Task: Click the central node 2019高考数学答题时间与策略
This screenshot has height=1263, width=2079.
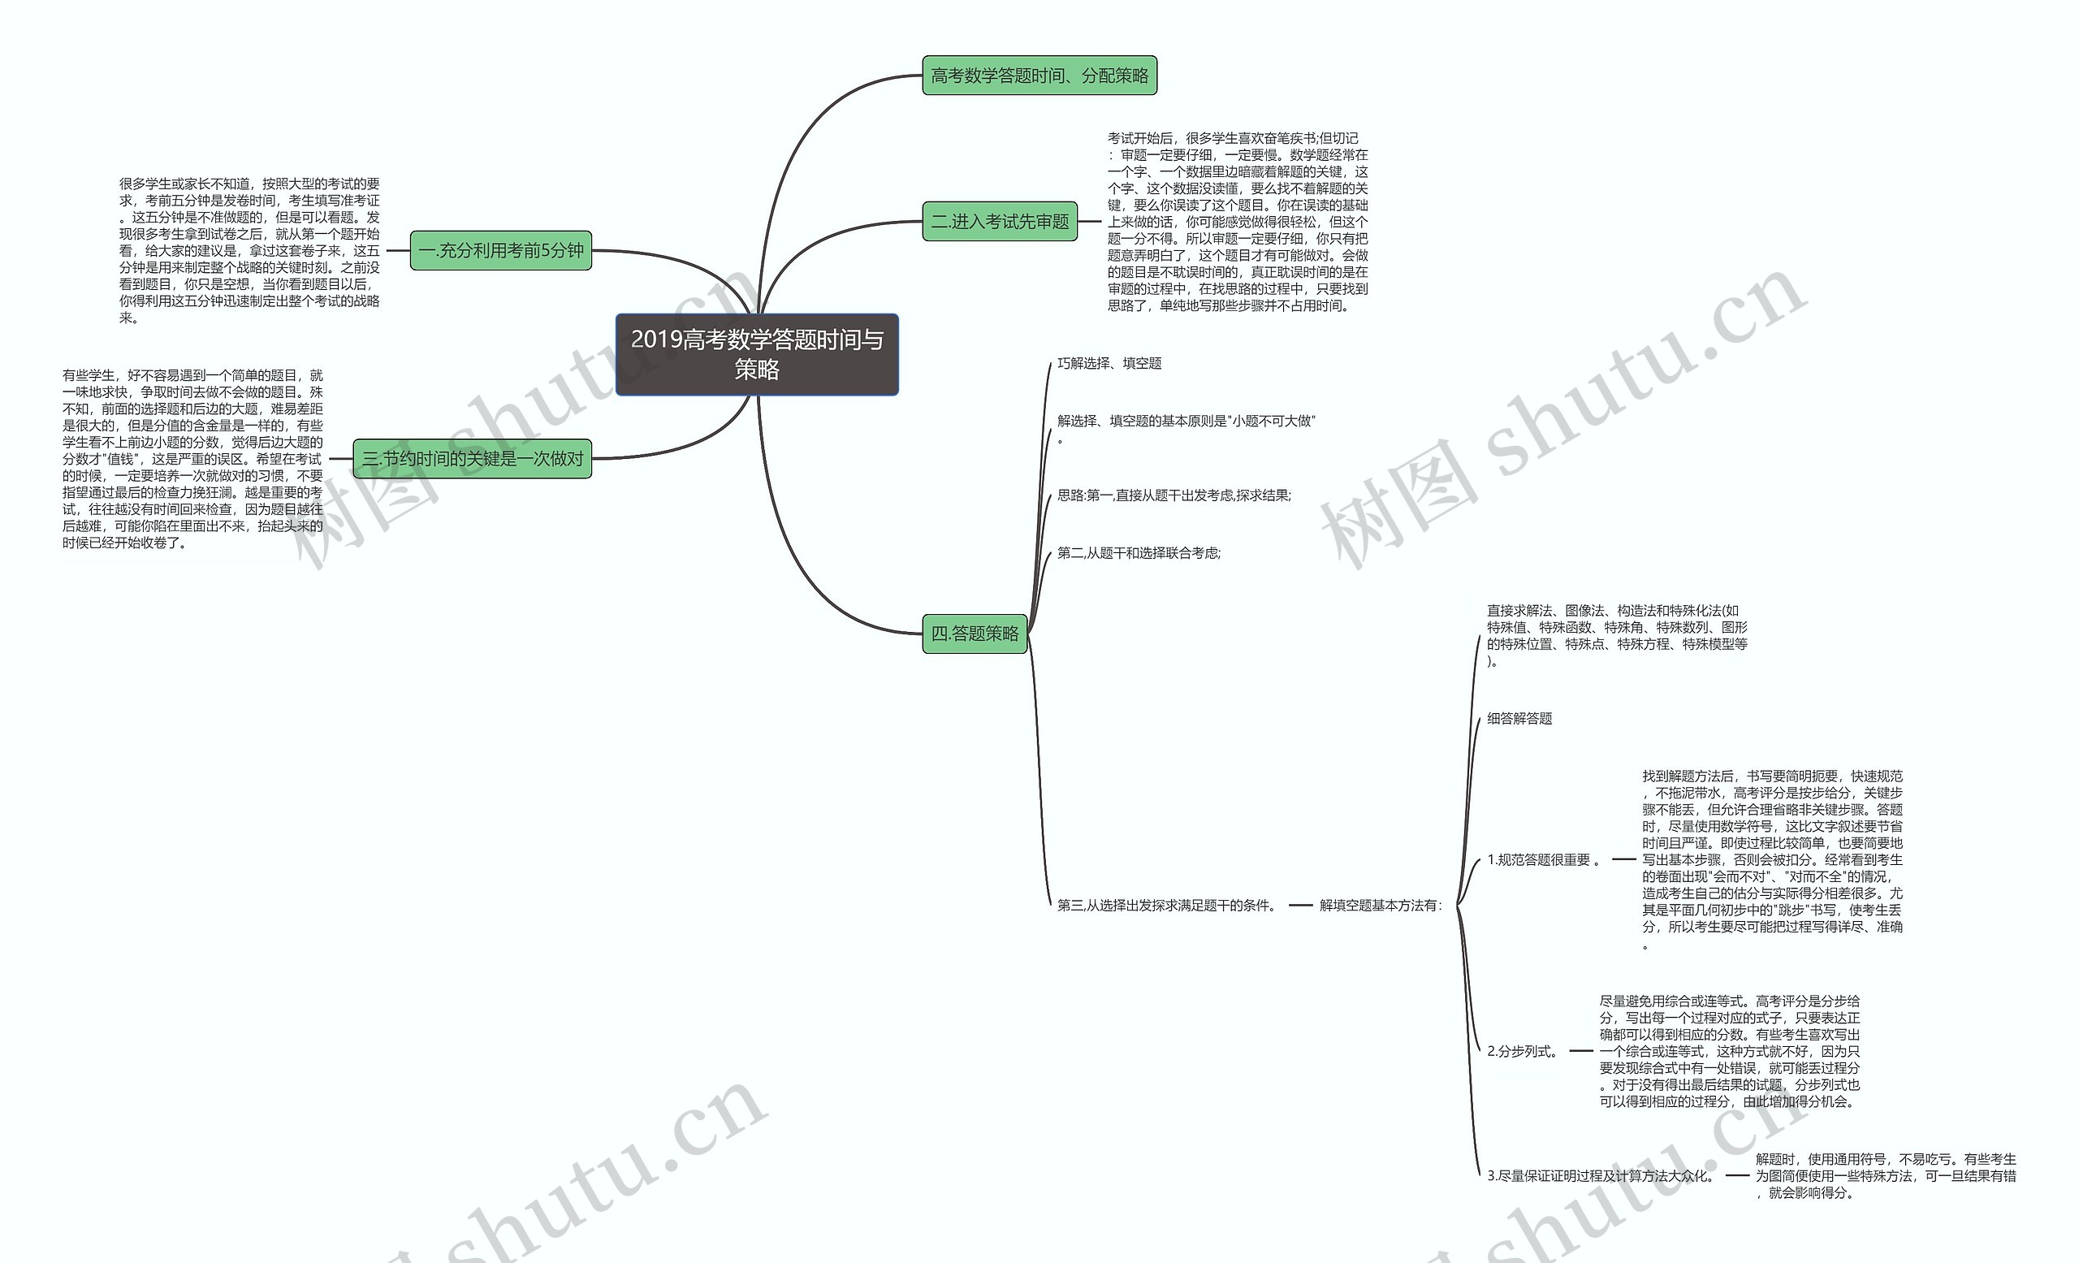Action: [x=757, y=354]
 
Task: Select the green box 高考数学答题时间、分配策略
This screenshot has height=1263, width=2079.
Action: [x=1039, y=76]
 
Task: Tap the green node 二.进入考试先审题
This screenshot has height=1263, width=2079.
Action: [x=999, y=222]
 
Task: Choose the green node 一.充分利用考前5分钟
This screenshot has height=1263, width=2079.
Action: [x=500, y=251]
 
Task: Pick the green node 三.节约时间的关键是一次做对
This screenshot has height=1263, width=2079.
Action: [x=472, y=459]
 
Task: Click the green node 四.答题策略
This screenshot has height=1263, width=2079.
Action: [x=975, y=634]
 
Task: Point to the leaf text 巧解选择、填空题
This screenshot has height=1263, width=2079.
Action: [x=1109, y=364]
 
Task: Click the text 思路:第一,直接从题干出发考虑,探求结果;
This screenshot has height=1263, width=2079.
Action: [x=1173, y=496]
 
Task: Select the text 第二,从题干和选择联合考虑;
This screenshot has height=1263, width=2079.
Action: [x=1139, y=553]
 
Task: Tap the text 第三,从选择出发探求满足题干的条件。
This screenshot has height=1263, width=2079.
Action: [x=1167, y=906]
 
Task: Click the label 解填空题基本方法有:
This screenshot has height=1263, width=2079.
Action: [x=1381, y=906]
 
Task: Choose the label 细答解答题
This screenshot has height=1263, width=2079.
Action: [x=1519, y=719]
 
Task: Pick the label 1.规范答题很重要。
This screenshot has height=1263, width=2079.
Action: [x=1543, y=859]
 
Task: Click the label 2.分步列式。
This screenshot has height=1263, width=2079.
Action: [x=1523, y=1051]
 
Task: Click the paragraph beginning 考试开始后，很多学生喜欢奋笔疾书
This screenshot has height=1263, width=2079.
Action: [x=1237, y=222]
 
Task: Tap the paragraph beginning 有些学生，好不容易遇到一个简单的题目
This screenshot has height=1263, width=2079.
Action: [x=192, y=459]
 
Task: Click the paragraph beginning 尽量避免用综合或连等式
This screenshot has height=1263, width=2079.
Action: [x=1729, y=1051]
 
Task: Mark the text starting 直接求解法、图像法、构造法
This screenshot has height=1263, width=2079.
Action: [x=1616, y=635]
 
